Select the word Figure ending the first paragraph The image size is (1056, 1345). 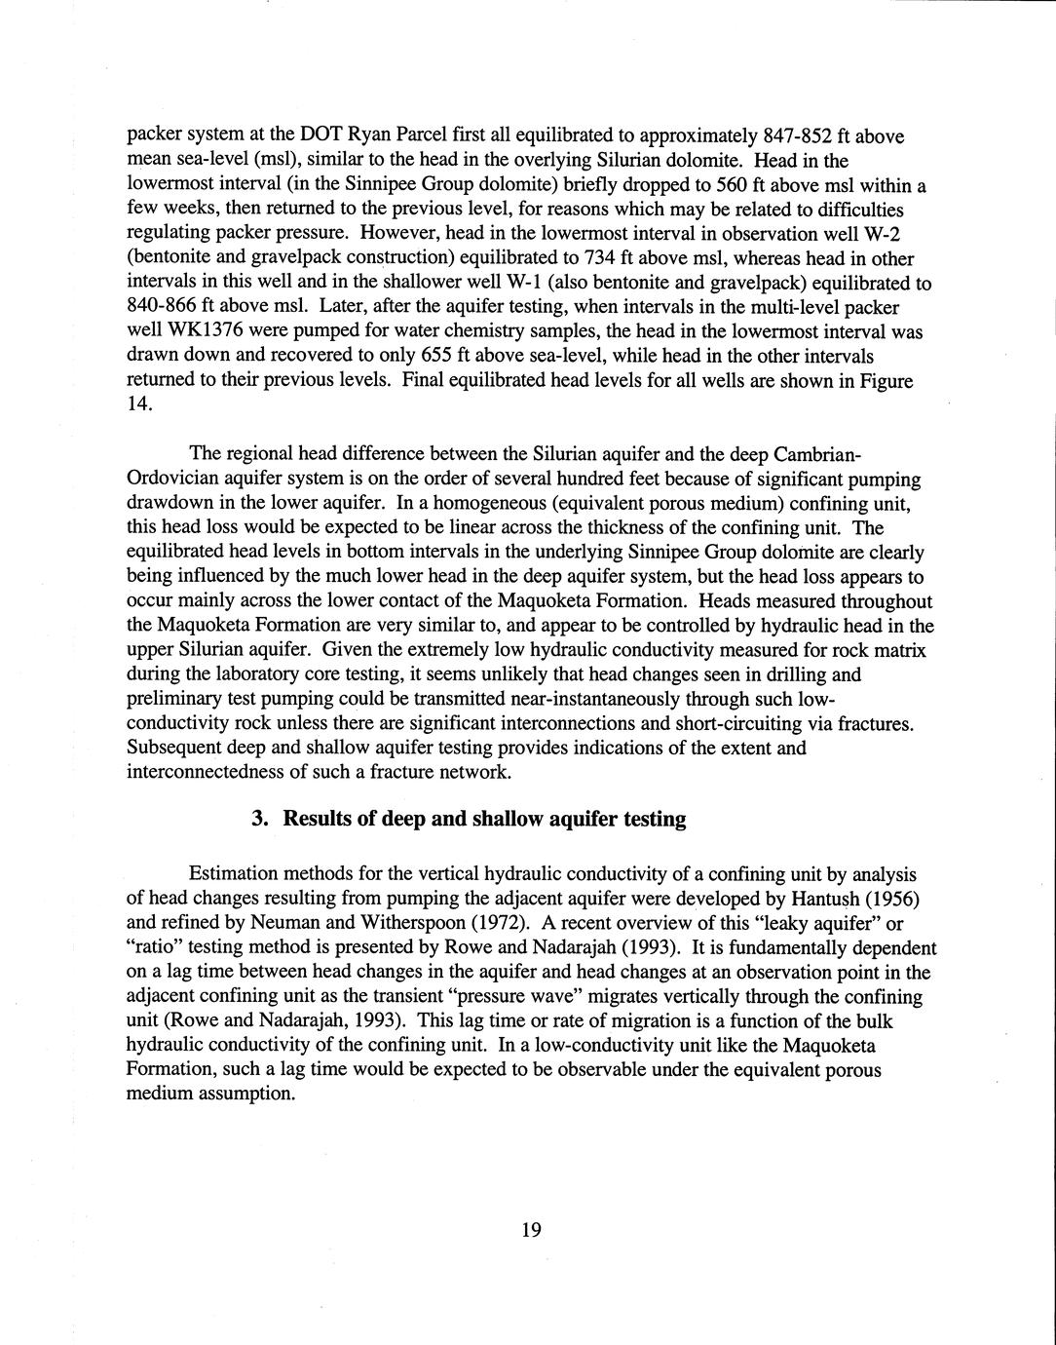(886, 380)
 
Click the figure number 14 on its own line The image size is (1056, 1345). (138, 405)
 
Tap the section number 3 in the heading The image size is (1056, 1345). (258, 819)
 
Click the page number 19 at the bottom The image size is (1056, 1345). (530, 1230)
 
